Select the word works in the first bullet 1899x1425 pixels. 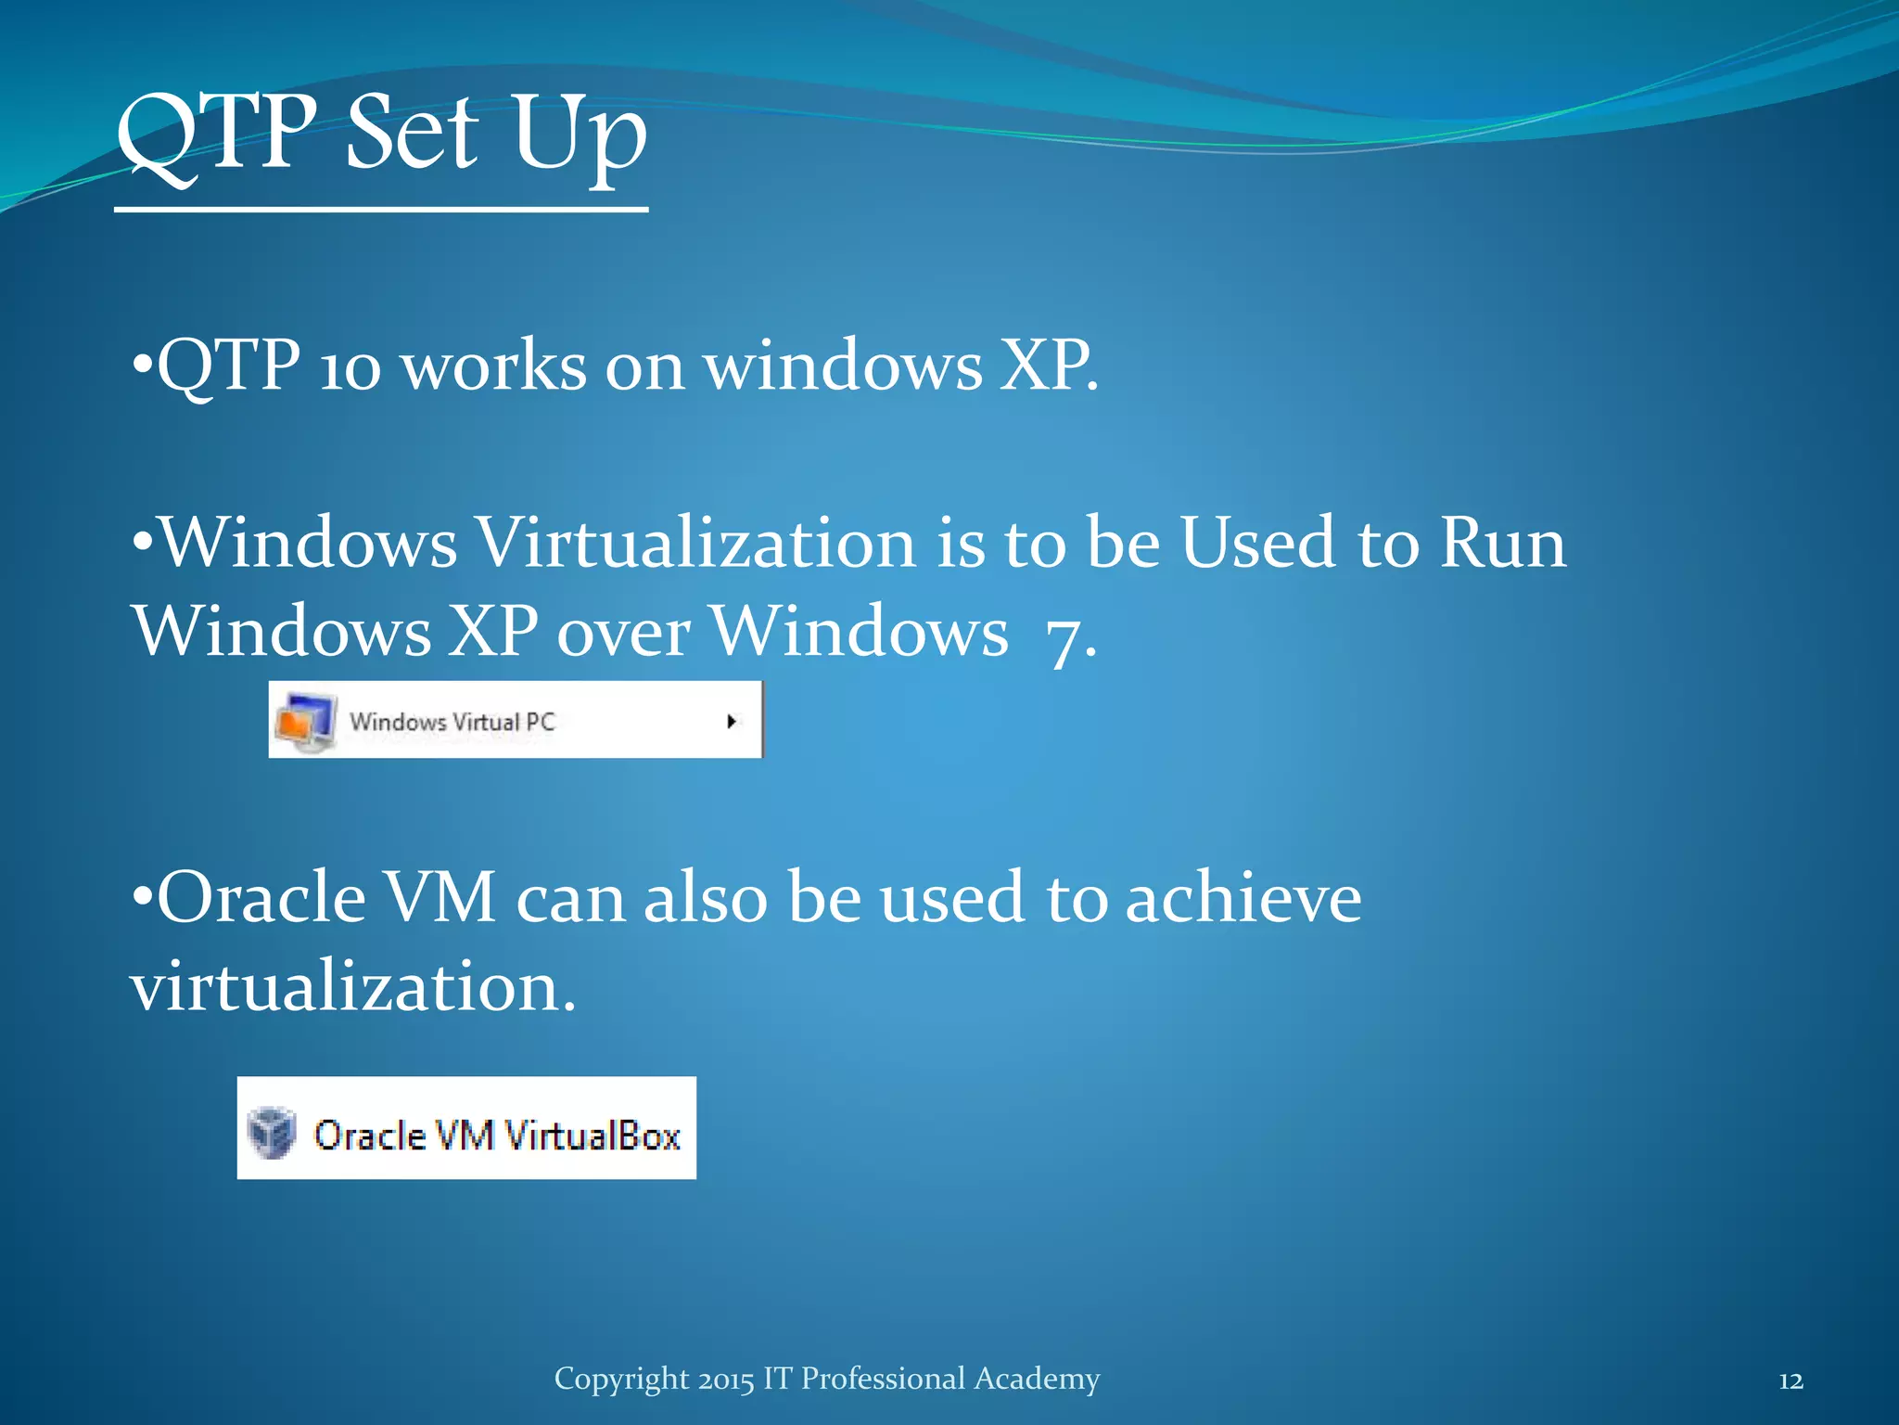(x=493, y=366)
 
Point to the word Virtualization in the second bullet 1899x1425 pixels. (x=696, y=542)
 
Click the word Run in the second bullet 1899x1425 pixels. (x=1503, y=542)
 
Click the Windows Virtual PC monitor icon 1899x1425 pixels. (x=305, y=721)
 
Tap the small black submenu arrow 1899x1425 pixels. (x=732, y=721)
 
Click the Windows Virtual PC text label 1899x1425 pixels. (x=452, y=722)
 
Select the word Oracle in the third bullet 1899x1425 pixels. (x=261, y=897)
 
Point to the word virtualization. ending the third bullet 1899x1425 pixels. (x=352, y=985)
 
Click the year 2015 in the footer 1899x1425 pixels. (x=726, y=1380)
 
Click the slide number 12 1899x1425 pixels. (x=1791, y=1381)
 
